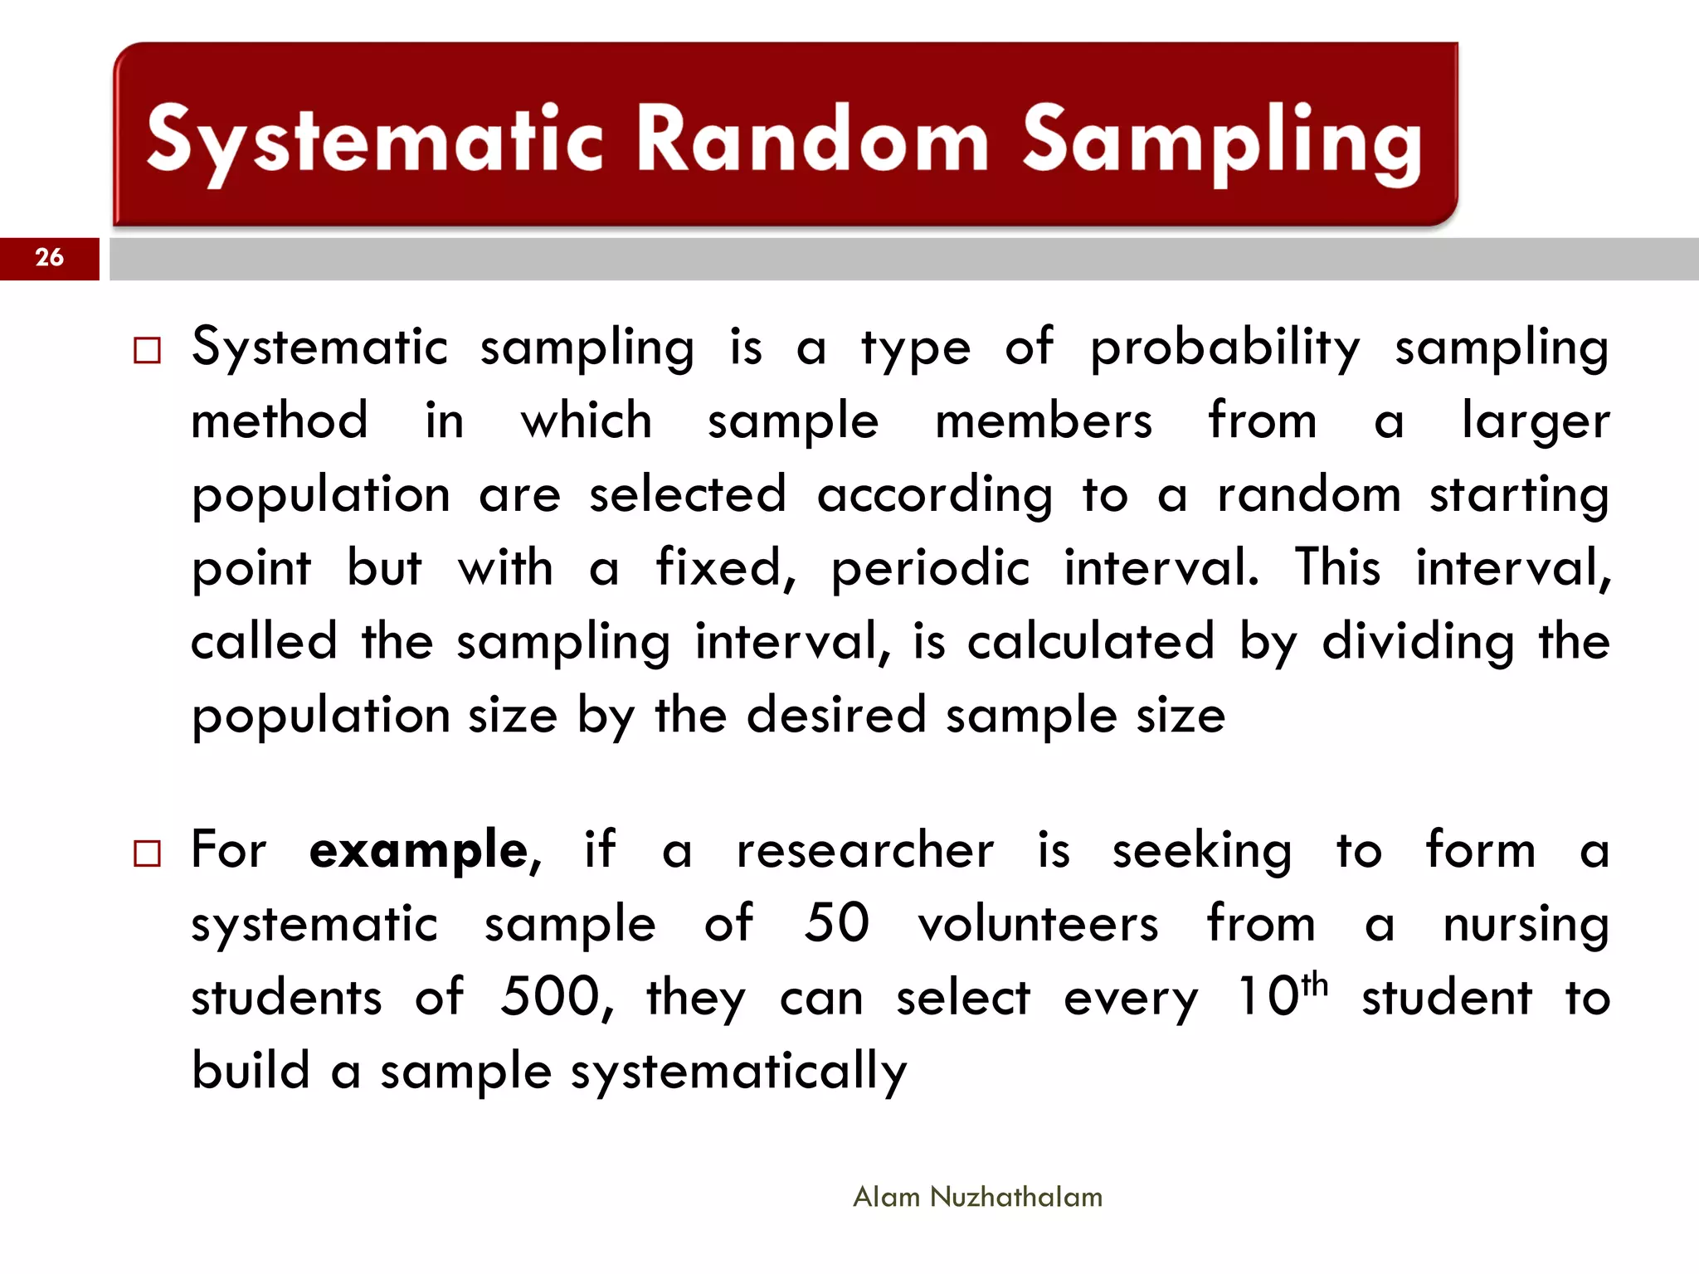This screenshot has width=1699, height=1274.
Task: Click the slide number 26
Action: pos(50,257)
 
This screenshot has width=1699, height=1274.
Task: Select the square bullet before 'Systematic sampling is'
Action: pos(147,351)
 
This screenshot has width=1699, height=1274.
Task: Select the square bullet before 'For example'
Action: pos(147,853)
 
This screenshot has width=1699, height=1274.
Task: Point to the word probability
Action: pos(1224,348)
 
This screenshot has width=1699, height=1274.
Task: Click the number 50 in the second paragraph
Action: pos(836,922)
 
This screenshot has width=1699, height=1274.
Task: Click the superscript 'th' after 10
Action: pos(1314,985)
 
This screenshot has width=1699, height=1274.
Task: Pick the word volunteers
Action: pos(1038,924)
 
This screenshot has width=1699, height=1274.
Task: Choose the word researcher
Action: pos(865,851)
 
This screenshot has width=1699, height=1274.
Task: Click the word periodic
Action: pos(930,570)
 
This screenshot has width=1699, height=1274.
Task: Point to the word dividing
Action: pos(1418,644)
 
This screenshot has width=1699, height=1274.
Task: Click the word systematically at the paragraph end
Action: pos(738,1072)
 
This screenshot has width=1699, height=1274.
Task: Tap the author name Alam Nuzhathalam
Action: pos(977,1197)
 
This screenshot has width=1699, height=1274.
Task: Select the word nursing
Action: pos(1526,925)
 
